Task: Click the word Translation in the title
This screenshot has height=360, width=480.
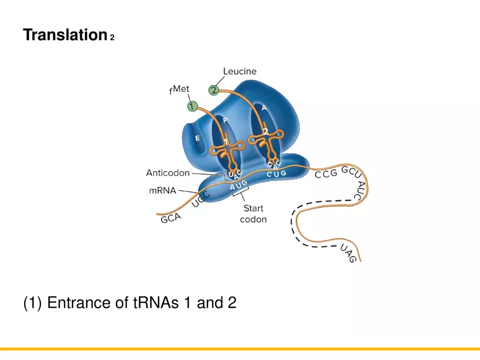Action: [64, 35]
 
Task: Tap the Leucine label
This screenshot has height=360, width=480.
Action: [239, 71]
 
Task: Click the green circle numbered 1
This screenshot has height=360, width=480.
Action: [192, 106]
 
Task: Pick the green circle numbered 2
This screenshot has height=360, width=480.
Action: [214, 89]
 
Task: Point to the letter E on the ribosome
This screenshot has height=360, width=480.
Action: [197, 139]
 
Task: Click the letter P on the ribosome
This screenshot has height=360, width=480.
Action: [225, 120]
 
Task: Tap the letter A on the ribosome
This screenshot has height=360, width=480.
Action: [264, 108]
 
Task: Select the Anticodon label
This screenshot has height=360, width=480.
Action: [168, 173]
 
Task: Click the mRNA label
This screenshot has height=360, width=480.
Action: [163, 191]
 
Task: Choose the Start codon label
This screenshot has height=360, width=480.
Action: [253, 214]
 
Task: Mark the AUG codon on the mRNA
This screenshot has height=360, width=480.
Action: [238, 185]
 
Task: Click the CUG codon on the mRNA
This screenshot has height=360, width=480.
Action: [276, 174]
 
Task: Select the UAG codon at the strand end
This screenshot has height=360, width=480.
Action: [349, 254]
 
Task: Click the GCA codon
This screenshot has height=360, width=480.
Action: [171, 218]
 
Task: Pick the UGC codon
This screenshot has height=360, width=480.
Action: [201, 199]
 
